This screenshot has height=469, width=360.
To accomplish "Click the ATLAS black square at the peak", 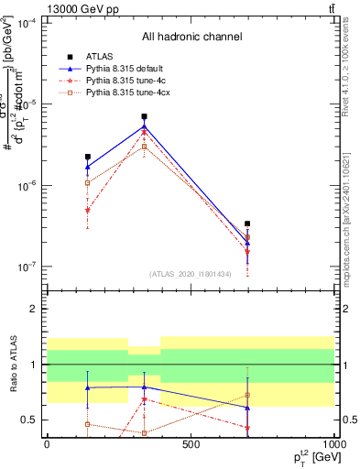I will tap(145, 117).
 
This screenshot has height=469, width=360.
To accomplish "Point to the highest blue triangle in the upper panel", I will tap(145, 126).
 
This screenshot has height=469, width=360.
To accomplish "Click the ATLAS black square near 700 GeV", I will tap(247, 224).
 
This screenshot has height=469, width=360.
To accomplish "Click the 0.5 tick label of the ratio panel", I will tap(29, 420).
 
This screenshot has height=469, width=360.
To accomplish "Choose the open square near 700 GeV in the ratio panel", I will tap(247, 396).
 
